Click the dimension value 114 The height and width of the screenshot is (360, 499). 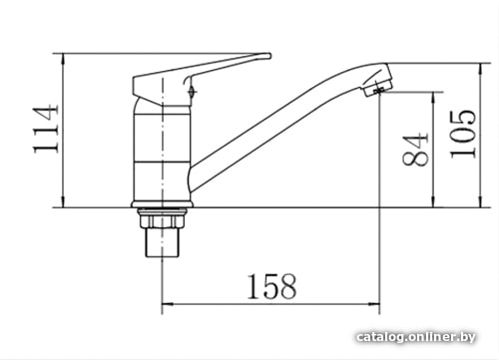click(46, 129)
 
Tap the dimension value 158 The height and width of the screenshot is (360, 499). click(271, 286)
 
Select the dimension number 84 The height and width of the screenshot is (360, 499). click(415, 150)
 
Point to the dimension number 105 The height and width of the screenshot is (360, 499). click(463, 134)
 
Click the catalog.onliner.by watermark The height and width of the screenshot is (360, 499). click(416, 337)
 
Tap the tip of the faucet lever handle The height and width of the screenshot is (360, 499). click(269, 56)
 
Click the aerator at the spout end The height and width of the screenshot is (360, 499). click(377, 87)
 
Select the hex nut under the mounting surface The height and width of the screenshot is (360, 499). click(162, 220)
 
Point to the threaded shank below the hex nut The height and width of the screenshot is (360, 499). click(162, 242)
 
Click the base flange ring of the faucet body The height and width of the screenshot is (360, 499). click(162, 204)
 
